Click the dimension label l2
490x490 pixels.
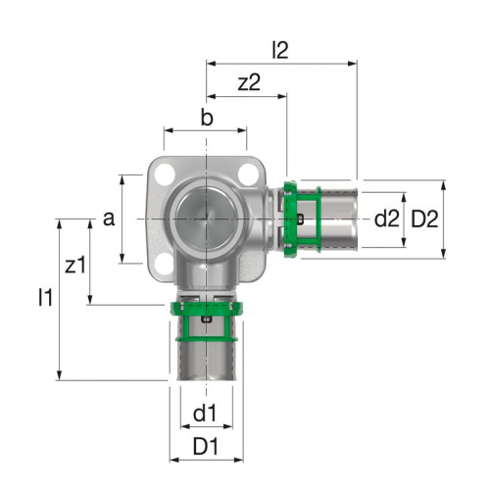(282, 49)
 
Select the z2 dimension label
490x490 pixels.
(250, 83)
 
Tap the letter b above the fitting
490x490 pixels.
(206, 119)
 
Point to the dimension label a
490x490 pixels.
(109, 218)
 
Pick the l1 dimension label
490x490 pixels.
(44, 297)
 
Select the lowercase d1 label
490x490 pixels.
(204, 415)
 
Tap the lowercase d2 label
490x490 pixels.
(387, 219)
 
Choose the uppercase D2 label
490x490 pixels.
(425, 219)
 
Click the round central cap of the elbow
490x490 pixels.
(206, 218)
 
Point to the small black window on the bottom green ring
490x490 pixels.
(206, 319)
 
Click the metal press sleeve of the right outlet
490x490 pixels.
(333, 218)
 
